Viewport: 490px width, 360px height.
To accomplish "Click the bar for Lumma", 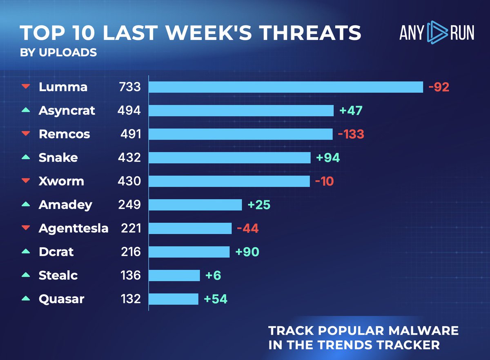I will (x=285, y=87).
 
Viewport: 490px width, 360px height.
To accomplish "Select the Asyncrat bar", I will (x=241, y=111).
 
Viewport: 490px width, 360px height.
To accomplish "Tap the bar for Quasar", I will (x=174, y=299).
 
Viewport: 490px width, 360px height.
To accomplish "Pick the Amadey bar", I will (x=195, y=204).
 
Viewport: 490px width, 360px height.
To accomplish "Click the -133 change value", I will (x=351, y=134).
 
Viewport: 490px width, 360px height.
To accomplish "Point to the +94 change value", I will (x=327, y=158).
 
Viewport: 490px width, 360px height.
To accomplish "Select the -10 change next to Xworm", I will (x=324, y=181).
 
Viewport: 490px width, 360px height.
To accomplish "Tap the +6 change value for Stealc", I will (x=214, y=276).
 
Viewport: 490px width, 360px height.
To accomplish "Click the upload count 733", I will (x=129, y=87).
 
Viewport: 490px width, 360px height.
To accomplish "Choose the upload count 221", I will (x=131, y=228).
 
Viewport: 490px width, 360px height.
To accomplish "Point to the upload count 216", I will (x=131, y=252).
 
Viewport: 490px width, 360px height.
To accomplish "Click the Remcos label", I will (x=64, y=134).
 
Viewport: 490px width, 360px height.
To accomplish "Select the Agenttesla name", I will (x=73, y=228).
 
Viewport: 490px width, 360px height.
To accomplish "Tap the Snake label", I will (x=58, y=158).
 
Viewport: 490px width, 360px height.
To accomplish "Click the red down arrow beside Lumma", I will (x=26, y=87).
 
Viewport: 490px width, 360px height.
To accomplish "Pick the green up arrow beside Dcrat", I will (x=26, y=251).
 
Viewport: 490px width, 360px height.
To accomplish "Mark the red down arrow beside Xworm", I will (x=26, y=181).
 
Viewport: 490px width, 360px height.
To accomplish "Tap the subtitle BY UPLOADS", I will (x=58, y=53).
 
